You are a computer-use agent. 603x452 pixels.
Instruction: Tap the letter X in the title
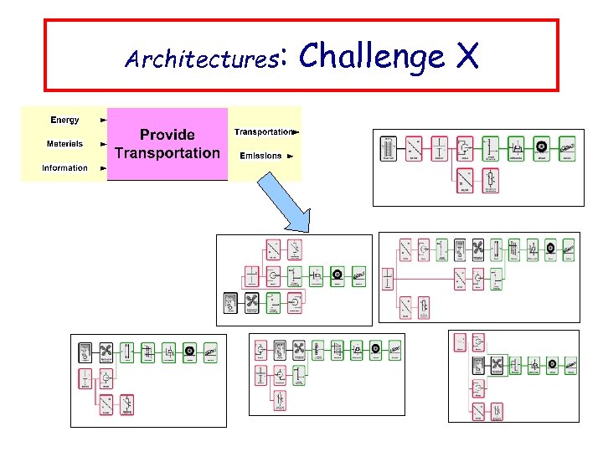(467, 56)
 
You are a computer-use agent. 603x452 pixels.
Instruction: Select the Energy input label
(64, 121)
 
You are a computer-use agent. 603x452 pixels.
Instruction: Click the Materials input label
(64, 144)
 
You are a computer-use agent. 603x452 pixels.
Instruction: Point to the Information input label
(64, 168)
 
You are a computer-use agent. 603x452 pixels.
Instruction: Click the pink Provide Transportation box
(167, 143)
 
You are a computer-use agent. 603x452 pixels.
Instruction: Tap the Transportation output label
(263, 132)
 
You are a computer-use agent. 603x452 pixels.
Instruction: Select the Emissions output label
(260, 156)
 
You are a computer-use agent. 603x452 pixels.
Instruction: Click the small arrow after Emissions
(291, 156)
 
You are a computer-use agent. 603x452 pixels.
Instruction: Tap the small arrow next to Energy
(103, 121)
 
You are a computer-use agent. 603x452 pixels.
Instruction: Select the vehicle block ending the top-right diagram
(567, 148)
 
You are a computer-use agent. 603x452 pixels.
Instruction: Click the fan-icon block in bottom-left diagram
(106, 352)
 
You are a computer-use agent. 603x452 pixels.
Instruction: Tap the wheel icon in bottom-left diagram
(189, 352)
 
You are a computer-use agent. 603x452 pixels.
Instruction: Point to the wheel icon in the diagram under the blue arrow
(337, 275)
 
